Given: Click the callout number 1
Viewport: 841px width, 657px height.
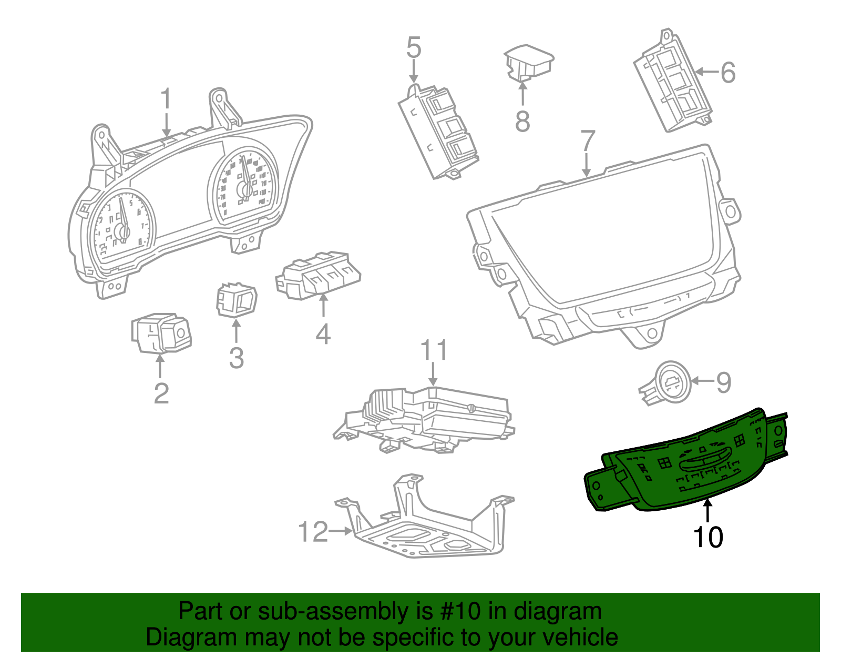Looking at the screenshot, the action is [166, 99].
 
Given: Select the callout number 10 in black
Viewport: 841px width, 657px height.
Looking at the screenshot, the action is [708, 537].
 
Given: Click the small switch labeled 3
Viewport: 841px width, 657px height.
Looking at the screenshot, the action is [237, 300].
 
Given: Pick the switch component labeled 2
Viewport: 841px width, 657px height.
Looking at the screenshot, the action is [160, 333].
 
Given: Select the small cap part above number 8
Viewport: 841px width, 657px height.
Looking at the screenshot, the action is [528, 62].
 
